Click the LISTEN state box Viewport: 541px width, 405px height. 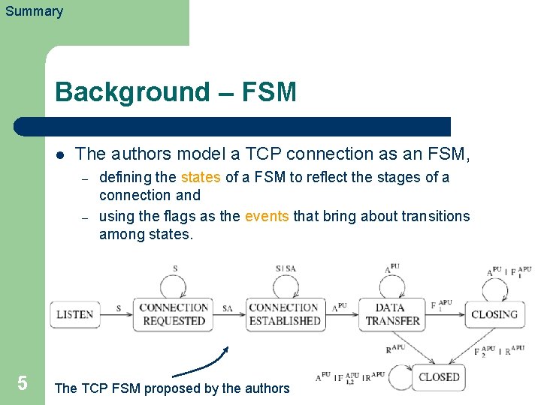pyautogui.click(x=74, y=314)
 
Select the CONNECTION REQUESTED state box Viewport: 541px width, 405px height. pyautogui.click(x=174, y=314)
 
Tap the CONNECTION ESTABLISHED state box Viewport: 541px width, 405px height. pyautogui.click(x=284, y=314)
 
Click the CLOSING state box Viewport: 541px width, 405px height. pyautogui.click(x=494, y=314)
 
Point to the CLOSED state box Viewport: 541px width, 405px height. pyautogui.click(x=439, y=377)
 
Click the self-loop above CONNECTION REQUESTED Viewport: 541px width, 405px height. pyautogui.click(x=175, y=285)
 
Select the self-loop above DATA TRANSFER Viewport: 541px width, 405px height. pyautogui.click(x=392, y=285)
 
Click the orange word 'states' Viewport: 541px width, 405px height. pyautogui.click(x=201, y=178)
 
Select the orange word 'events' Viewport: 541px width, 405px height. pyautogui.click(x=267, y=217)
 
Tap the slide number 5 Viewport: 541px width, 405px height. pyautogui.click(x=23, y=383)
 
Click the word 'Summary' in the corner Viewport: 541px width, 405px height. pyautogui.click(x=34, y=11)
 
